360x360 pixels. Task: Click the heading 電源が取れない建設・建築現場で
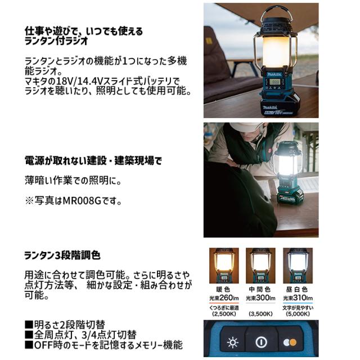[93, 161]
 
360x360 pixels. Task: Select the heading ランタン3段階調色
[62, 255]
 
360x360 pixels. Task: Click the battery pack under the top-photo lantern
[280, 106]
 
